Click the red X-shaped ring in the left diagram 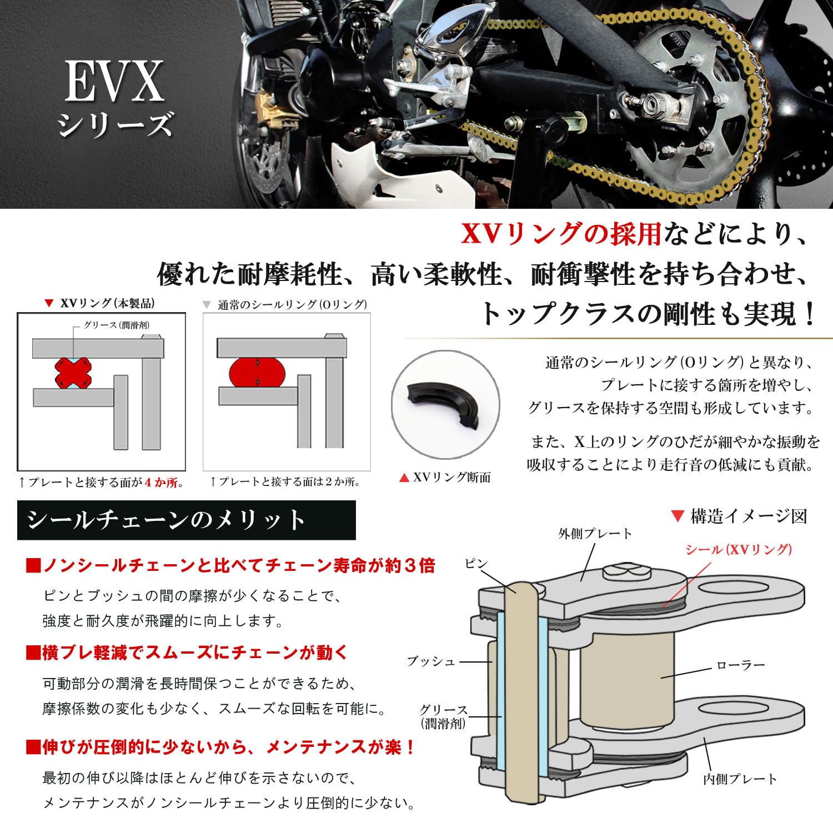pyautogui.click(x=73, y=373)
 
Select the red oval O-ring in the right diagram pyautogui.click(x=257, y=372)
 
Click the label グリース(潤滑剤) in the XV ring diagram pyautogui.click(x=117, y=325)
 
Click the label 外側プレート pyautogui.click(x=595, y=534)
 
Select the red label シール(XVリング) pyautogui.click(x=739, y=550)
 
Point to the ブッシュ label pyautogui.click(x=431, y=661)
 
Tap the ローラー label pyautogui.click(x=741, y=665)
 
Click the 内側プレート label pyautogui.click(x=740, y=779)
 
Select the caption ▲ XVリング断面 pyautogui.click(x=445, y=478)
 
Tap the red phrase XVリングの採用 pyautogui.click(x=561, y=234)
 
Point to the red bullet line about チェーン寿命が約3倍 pyautogui.click(x=230, y=566)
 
